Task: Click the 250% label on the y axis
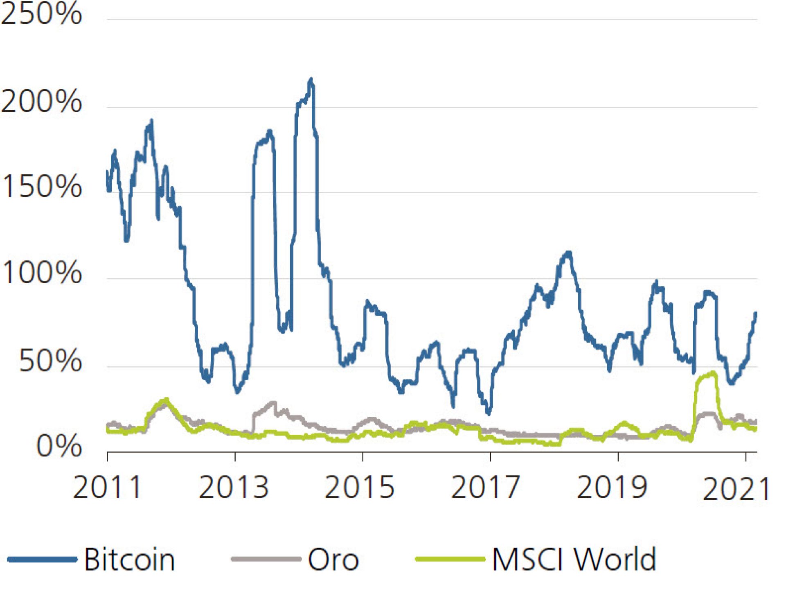41,14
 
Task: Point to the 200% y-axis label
41,101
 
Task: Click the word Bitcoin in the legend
130,559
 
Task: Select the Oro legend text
333,559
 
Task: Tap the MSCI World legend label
574,559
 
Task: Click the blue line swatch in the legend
42,559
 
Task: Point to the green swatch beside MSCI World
450,559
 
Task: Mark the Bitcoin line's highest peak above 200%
311,79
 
